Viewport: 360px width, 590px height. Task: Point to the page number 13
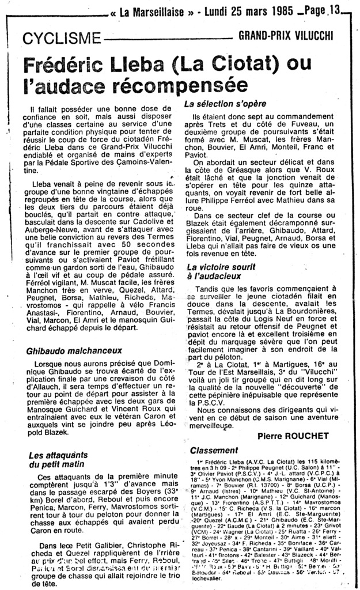334,9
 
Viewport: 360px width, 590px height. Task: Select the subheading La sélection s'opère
225,104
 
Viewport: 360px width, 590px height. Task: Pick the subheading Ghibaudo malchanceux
74,350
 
